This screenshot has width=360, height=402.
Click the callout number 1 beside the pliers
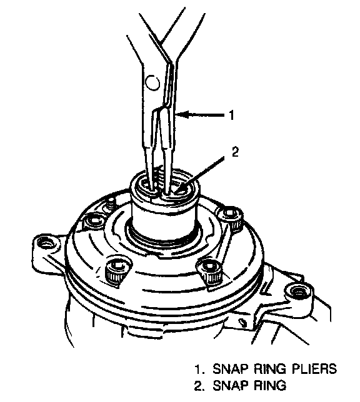(232, 115)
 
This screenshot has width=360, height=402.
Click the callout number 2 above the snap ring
(235, 152)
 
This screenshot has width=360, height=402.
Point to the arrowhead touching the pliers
(182, 115)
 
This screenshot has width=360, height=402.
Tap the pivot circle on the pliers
(152, 82)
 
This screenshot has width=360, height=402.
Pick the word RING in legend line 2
(269, 385)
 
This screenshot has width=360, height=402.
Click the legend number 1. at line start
(200, 369)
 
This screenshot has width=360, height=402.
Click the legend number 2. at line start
(200, 386)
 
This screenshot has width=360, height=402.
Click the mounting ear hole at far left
(46, 242)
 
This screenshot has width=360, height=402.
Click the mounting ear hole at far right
(298, 292)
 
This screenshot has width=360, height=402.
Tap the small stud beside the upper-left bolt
(111, 204)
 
